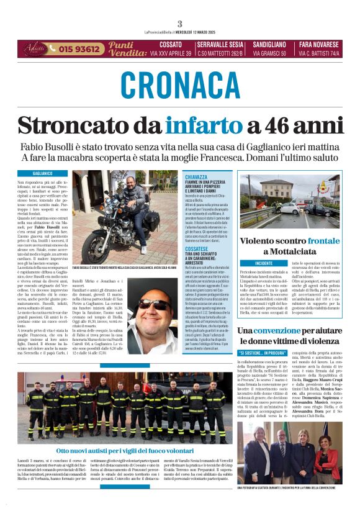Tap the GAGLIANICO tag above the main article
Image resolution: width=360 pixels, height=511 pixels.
tap(42, 173)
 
